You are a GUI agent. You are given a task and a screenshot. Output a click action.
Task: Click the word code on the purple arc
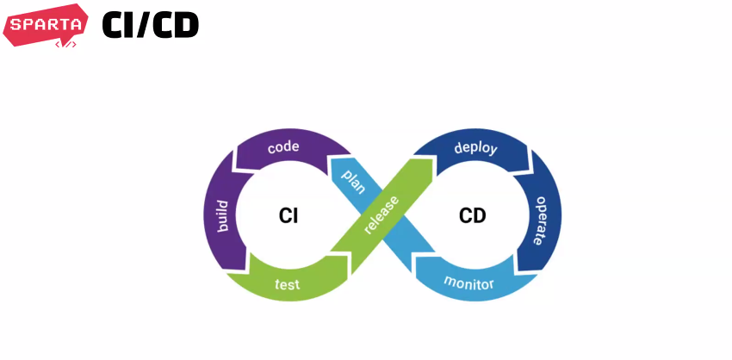point(283,147)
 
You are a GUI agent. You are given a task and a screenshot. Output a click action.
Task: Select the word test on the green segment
point(287,284)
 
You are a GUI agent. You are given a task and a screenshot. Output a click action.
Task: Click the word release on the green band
point(382,214)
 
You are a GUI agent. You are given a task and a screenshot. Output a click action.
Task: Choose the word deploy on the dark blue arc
point(475,147)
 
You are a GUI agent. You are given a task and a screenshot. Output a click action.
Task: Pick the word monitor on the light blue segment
point(468,282)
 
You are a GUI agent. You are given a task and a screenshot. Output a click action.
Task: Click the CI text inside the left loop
point(288,215)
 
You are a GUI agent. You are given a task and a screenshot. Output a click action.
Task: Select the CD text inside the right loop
point(472,215)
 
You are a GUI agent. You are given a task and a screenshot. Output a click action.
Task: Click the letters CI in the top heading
point(120,26)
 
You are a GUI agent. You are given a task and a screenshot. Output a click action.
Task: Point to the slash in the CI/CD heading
point(147,26)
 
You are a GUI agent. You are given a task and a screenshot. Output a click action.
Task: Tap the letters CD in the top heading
point(177,26)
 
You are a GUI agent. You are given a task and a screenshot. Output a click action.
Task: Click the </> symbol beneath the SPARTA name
point(65,42)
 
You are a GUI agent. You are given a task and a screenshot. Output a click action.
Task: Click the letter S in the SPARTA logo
point(16,23)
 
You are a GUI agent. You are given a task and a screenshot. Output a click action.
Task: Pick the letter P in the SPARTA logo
point(28,23)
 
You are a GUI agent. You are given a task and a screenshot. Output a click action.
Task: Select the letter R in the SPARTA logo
point(53,23)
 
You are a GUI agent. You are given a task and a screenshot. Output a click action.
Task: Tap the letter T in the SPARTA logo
point(65,23)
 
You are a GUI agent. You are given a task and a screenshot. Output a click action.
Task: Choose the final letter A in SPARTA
point(78,23)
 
